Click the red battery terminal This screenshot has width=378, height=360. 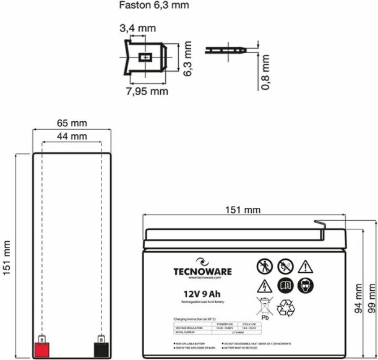click(x=41, y=348)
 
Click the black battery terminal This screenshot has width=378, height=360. click(x=100, y=348)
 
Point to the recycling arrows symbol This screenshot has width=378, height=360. click(x=287, y=307)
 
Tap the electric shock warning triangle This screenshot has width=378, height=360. click(x=264, y=286)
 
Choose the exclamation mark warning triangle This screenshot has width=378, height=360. click(x=306, y=267)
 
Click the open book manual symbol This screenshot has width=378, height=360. click(x=285, y=286)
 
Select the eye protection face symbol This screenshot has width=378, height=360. click(x=306, y=286)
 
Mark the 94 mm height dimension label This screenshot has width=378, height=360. click(x=358, y=299)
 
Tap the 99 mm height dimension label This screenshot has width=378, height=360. click(x=371, y=299)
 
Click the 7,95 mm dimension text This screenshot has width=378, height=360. click(x=147, y=91)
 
